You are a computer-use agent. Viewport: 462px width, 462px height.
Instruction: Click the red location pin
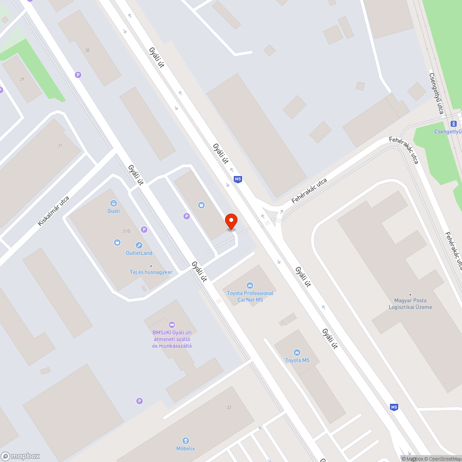(x=231, y=221)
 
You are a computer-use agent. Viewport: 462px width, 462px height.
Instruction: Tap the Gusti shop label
(x=114, y=211)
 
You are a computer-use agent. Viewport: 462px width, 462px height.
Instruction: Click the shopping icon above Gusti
(x=113, y=203)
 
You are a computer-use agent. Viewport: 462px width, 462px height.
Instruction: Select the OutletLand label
(x=139, y=253)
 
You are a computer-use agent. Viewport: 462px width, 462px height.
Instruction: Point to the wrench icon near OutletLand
(x=139, y=245)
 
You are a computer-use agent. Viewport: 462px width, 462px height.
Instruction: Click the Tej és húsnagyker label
(x=151, y=272)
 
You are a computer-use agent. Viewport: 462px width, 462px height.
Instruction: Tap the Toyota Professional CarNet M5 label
(x=250, y=296)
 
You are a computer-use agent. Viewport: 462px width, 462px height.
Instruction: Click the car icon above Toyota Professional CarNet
(x=250, y=286)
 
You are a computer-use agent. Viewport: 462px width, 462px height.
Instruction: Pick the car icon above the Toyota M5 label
(x=297, y=353)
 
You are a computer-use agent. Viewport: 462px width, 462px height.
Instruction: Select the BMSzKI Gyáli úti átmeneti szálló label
(x=172, y=339)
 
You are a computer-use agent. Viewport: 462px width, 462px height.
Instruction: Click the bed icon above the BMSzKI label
(x=172, y=325)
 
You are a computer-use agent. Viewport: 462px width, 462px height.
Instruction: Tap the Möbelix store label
(x=186, y=449)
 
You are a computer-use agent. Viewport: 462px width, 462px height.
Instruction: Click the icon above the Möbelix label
(x=186, y=440)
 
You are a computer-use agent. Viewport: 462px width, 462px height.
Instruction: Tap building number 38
(x=87, y=50)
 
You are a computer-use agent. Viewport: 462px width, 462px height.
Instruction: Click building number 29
(x=22, y=79)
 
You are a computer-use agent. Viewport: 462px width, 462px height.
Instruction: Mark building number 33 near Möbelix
(x=229, y=407)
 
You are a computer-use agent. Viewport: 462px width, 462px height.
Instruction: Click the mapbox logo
(x=20, y=456)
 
